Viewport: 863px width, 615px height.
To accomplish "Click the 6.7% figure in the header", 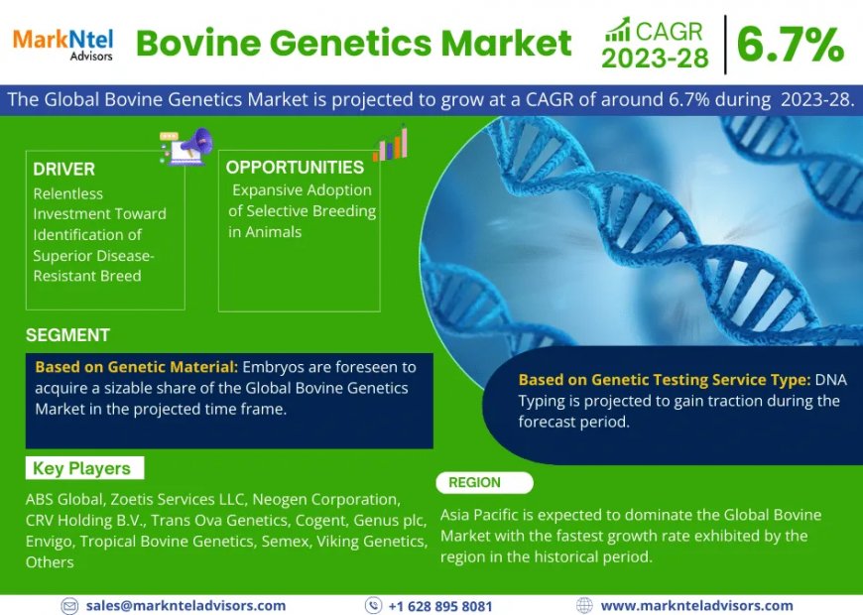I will (790, 44).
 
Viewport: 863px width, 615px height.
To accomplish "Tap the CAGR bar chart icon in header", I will (616, 29).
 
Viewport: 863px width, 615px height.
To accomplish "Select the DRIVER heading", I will (63, 169).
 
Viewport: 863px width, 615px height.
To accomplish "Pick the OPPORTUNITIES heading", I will (295, 168).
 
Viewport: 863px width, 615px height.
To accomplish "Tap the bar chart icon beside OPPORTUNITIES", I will (391, 144).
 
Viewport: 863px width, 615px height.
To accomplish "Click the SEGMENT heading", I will (67, 335).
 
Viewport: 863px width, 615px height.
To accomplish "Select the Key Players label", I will (81, 468).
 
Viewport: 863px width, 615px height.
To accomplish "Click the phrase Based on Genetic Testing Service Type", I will (664, 380).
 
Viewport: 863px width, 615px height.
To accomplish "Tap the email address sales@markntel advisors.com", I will (185, 605).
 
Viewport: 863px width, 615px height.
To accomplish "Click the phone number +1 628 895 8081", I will (439, 606).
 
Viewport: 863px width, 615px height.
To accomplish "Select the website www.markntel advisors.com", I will (696, 605).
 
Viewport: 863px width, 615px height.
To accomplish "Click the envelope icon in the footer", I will (69, 605).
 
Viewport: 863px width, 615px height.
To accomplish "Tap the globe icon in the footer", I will (584, 605).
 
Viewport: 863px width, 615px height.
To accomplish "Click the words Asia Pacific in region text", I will (480, 515).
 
